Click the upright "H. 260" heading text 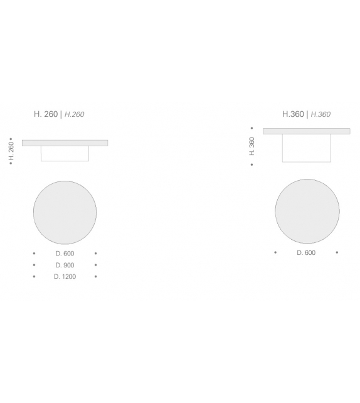click(45, 114)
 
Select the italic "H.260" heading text click(74, 114)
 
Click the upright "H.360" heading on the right click(293, 114)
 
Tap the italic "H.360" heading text click(320, 114)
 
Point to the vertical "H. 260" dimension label click(11, 151)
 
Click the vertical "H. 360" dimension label click(252, 146)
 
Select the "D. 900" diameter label click(65, 265)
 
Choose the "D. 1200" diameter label click(65, 276)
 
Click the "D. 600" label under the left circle click(65, 254)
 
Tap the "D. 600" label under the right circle click(306, 252)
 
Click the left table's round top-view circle click(65, 212)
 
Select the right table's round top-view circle click(307, 211)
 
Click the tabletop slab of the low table click(65, 143)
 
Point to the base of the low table click(65, 154)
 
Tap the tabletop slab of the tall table click(306, 131)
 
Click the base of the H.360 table click(306, 148)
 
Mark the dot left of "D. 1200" click(34, 276)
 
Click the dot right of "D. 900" click(95, 265)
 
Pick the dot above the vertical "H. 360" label click(251, 128)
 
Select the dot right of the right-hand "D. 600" click(337, 252)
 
